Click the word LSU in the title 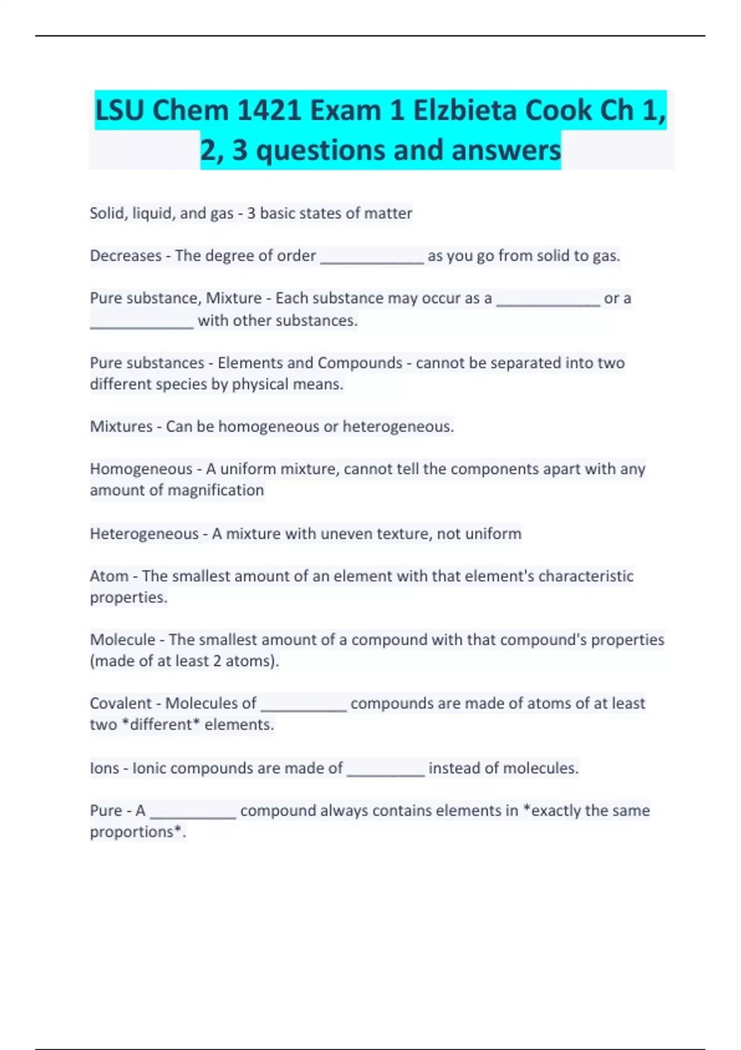pyautogui.click(x=120, y=111)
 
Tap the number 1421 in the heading pyautogui.click(x=269, y=111)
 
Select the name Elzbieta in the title pyautogui.click(x=465, y=111)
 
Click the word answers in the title pyautogui.click(x=506, y=151)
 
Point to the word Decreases pyautogui.click(x=125, y=256)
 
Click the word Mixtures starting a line pyautogui.click(x=121, y=427)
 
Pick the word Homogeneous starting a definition pyautogui.click(x=141, y=469)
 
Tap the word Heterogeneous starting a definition pyautogui.click(x=144, y=534)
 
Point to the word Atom pyautogui.click(x=109, y=576)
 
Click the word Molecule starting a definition pyautogui.click(x=122, y=640)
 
